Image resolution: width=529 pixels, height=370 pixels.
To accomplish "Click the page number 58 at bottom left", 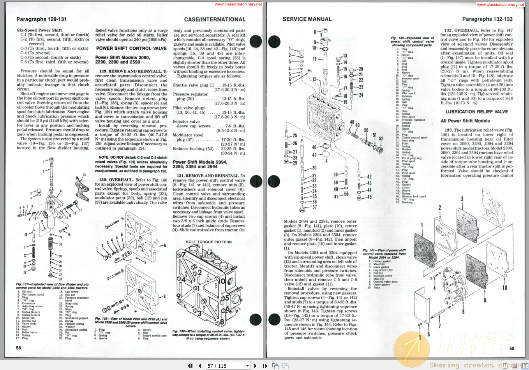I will click(18, 347).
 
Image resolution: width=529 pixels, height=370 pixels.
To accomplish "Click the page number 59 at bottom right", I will click(511, 349).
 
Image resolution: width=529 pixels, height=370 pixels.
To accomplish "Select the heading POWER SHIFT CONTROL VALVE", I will click(131, 48).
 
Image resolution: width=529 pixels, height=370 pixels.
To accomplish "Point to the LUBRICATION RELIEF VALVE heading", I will click(477, 112).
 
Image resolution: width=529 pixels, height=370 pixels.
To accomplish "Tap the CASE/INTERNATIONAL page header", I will click(215, 19).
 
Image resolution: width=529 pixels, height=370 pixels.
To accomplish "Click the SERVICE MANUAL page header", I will click(307, 19).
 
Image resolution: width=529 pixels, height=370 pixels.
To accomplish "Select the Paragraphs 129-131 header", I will click(41, 19).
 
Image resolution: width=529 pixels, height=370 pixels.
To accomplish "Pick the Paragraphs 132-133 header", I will click(487, 19).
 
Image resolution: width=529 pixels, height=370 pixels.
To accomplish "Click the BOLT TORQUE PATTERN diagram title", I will click(208, 242).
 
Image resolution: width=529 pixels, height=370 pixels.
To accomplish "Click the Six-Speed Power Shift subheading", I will click(39, 30).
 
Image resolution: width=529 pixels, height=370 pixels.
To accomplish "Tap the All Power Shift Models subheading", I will click(465, 121).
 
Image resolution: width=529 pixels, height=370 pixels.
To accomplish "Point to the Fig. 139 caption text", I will click(208, 335).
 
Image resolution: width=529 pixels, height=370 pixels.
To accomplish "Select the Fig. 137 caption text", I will click(52, 286).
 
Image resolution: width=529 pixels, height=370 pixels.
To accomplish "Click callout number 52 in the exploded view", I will click(381, 139).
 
